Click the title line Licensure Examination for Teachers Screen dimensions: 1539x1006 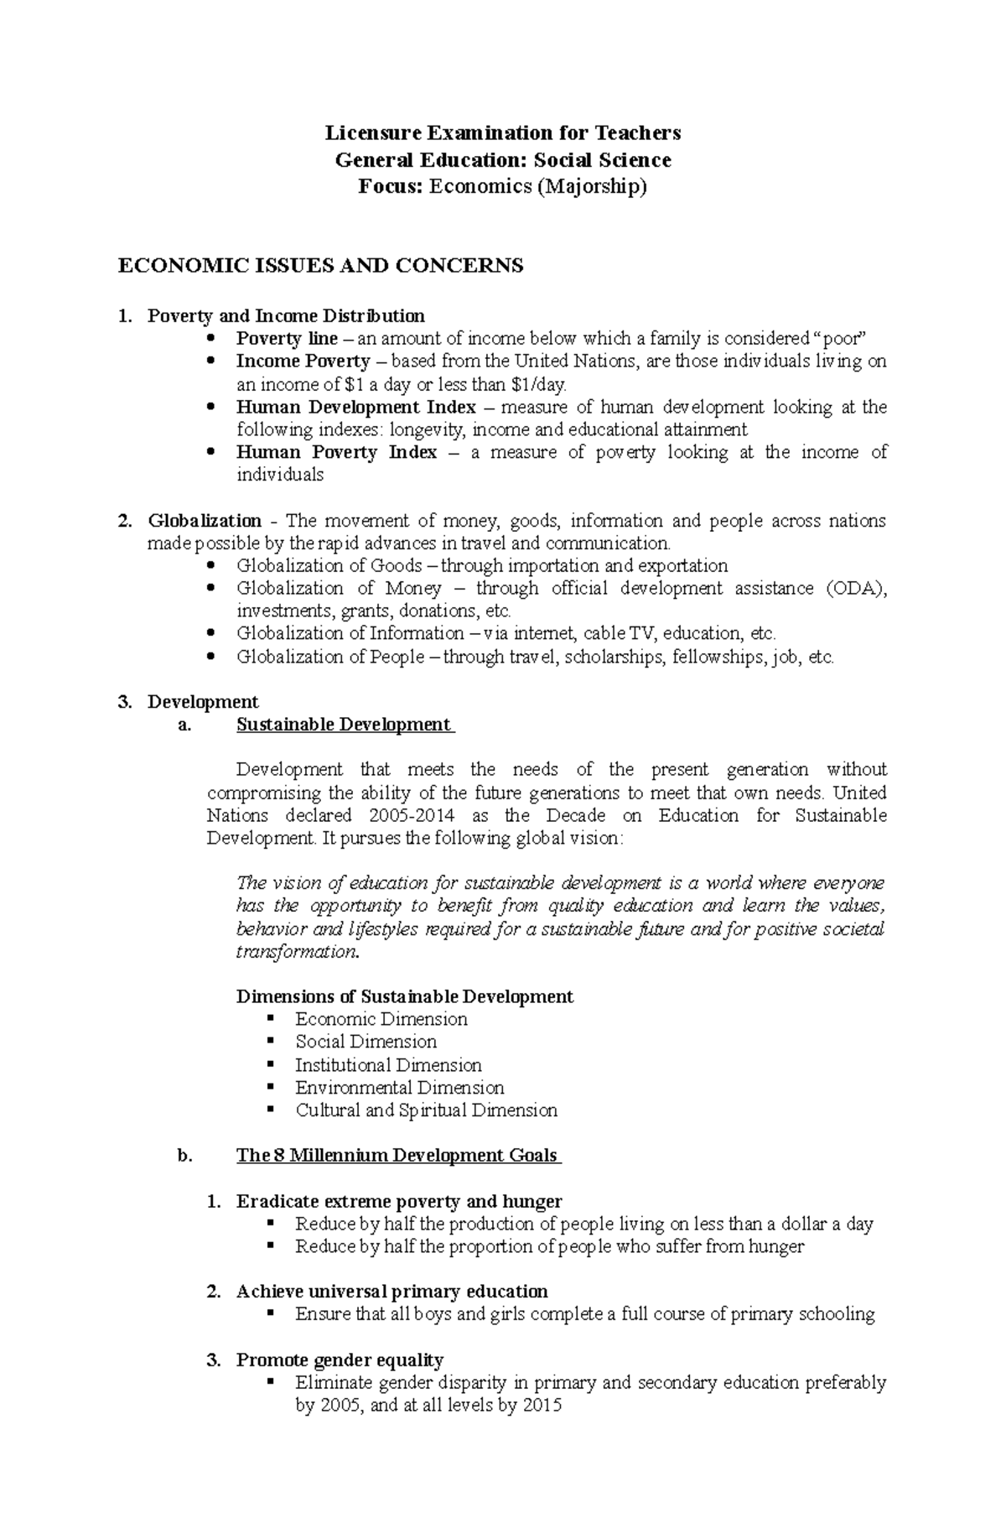tap(503, 133)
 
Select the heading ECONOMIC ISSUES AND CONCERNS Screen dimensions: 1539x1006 tap(320, 266)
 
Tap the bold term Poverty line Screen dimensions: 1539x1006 tap(287, 339)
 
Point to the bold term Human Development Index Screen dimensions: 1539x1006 tap(356, 408)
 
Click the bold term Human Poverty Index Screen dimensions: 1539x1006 tap(336, 453)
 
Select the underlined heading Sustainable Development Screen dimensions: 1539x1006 tap(344, 725)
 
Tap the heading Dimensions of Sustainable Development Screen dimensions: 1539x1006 tap(404, 997)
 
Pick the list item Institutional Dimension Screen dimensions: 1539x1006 tap(388, 1065)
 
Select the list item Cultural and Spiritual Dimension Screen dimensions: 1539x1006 tap(426, 1110)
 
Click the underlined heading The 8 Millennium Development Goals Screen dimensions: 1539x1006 tap(397, 1156)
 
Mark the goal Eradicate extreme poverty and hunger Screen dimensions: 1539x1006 tap(399, 1201)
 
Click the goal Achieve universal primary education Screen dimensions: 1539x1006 tap(392, 1292)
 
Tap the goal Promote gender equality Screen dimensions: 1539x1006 tap(340, 1360)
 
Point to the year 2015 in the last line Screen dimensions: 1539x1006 tap(542, 1406)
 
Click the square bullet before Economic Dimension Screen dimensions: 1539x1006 tap(270, 1018)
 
